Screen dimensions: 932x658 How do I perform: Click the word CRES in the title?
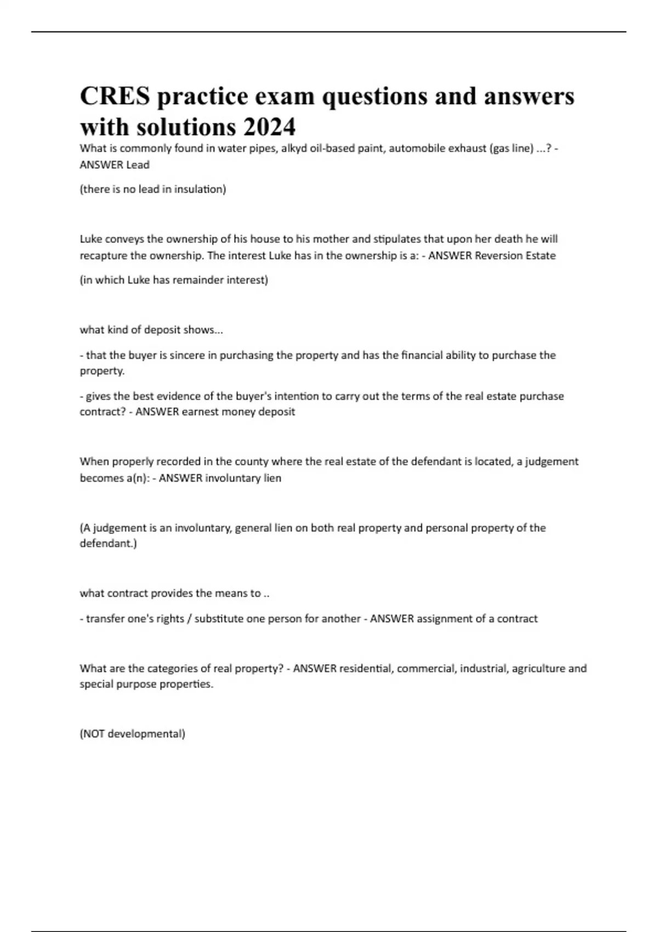pyautogui.click(x=115, y=96)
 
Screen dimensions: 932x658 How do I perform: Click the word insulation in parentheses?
pyautogui.click(x=200, y=189)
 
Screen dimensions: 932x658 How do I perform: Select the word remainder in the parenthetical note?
pyautogui.click(x=200, y=280)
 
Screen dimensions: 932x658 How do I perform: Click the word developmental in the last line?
pyautogui.click(x=146, y=734)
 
